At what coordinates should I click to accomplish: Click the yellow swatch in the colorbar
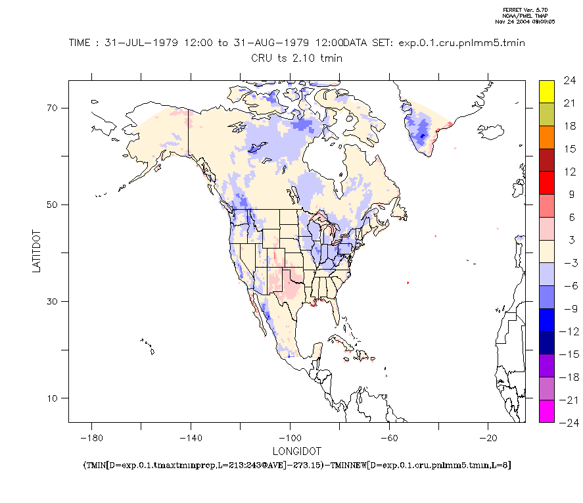[547, 92]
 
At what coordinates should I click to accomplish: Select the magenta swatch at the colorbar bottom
[547, 410]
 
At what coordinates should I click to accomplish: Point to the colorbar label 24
[569, 81]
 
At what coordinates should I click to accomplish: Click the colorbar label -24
[567, 423]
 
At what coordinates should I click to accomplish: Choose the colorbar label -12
[567, 331]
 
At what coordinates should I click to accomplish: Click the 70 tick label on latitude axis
[52, 108]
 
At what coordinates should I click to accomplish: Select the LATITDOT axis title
[37, 251]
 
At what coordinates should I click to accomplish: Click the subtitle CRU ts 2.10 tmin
[296, 58]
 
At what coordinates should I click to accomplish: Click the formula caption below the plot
[297, 465]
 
